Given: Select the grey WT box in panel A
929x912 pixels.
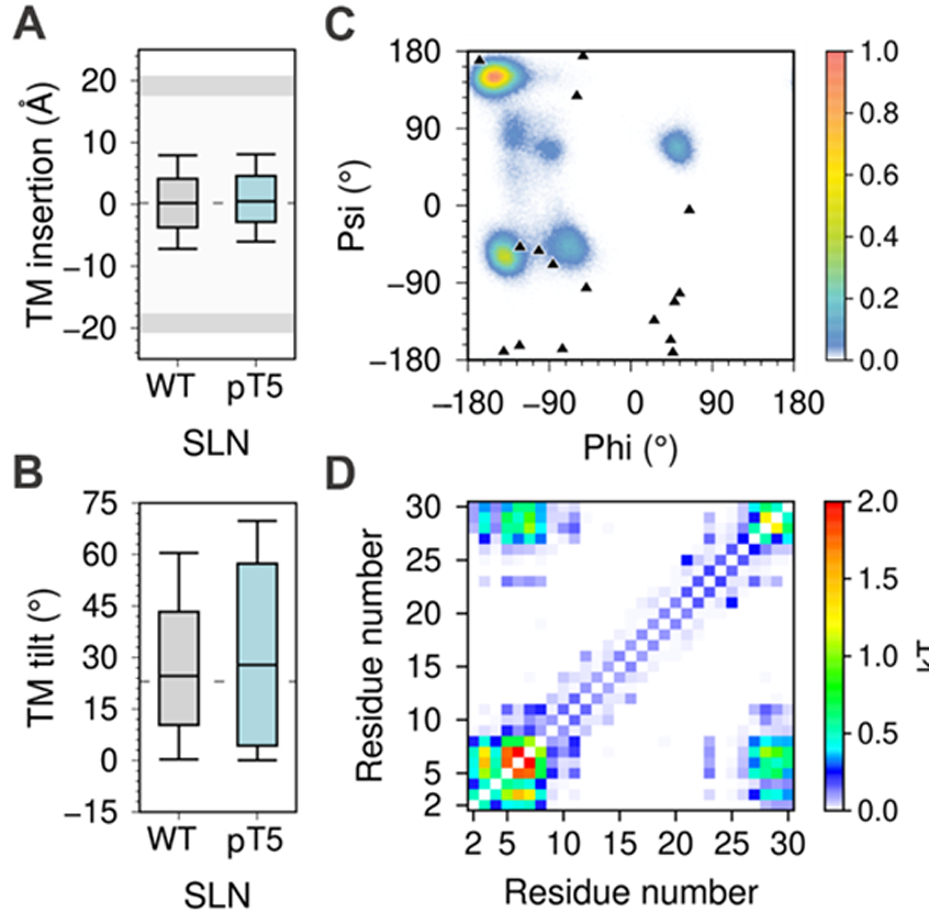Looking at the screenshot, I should [x=177, y=203].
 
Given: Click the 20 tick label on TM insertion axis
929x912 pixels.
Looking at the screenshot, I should [x=99, y=81].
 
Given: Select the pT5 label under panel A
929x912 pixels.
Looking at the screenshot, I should [x=255, y=387].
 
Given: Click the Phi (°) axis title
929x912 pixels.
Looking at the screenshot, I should [x=630, y=448].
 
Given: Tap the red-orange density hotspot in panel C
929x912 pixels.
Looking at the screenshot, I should [x=494, y=76].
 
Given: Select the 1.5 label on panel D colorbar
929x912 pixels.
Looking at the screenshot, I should [x=878, y=579].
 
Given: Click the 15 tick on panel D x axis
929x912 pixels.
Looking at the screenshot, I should [x=620, y=844].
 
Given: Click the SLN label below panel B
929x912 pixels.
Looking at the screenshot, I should [x=217, y=895].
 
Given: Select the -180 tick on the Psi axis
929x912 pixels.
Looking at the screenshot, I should [x=411, y=360].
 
